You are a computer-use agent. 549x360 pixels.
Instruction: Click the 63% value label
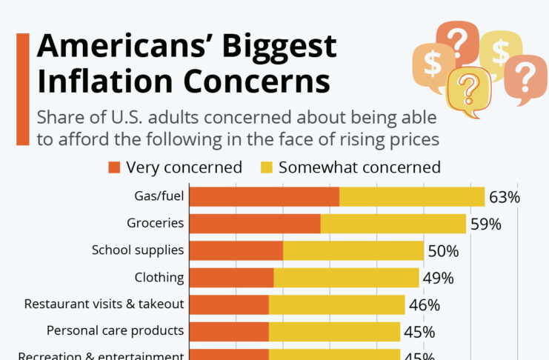click(x=504, y=197)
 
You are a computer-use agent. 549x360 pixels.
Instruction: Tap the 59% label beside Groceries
click(x=485, y=224)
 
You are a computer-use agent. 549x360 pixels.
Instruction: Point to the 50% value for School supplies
click(x=443, y=251)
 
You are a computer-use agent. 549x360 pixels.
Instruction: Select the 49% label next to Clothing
click(x=438, y=279)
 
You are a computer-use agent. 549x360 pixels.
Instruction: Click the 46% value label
click(x=425, y=305)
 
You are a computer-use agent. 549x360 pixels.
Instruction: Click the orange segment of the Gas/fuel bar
click(x=264, y=196)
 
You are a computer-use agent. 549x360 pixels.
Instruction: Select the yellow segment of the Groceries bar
click(x=393, y=224)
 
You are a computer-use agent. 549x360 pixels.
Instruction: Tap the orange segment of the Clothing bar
click(x=232, y=278)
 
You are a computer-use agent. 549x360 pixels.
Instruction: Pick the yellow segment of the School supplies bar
click(x=353, y=251)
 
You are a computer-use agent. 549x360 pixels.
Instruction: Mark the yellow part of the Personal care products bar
click(x=334, y=331)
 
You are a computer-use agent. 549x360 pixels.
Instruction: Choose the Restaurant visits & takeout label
click(x=104, y=304)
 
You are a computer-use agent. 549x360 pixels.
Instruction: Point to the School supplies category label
click(x=137, y=250)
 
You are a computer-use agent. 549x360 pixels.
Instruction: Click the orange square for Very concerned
click(x=114, y=167)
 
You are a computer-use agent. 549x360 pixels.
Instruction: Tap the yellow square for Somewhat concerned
click(x=265, y=167)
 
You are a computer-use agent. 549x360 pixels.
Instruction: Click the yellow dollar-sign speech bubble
click(x=501, y=51)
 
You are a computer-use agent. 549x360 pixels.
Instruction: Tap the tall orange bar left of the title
click(x=22, y=89)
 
